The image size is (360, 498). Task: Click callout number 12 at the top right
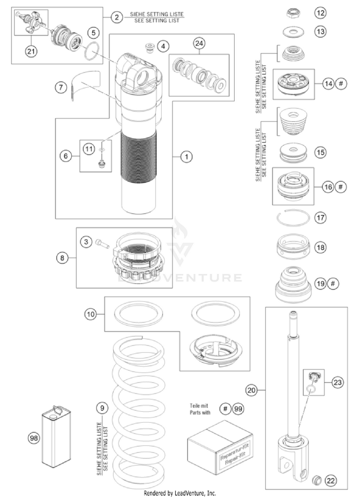(320, 11)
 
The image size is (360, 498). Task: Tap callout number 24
(199, 43)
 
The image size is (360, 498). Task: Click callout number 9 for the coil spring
(101, 408)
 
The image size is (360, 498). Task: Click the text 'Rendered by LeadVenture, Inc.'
(180, 493)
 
